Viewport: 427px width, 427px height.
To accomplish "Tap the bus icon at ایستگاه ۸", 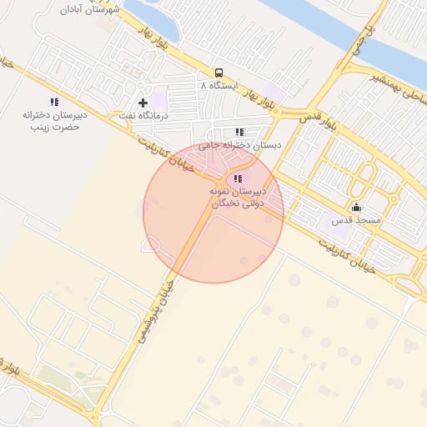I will (219, 73).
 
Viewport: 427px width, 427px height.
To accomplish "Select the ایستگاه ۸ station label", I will (219, 86).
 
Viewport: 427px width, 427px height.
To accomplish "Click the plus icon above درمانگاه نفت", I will (143, 103).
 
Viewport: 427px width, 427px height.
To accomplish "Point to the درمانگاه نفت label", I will (143, 115).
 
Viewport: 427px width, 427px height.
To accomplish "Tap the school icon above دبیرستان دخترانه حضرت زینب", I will (54, 102).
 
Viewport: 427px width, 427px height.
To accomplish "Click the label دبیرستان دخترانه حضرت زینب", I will (54, 121).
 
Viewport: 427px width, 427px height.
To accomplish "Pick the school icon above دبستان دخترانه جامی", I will (239, 132).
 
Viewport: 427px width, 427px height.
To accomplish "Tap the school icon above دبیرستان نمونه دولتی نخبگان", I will (238, 178).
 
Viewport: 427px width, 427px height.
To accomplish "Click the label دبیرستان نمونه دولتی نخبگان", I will (237, 197).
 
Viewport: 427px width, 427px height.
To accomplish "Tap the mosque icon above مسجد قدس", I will (357, 208).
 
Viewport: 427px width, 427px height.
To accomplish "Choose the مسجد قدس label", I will (355, 220).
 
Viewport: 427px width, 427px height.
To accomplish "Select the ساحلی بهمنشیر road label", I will (397, 90).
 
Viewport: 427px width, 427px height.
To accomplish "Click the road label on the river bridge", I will (366, 35).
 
